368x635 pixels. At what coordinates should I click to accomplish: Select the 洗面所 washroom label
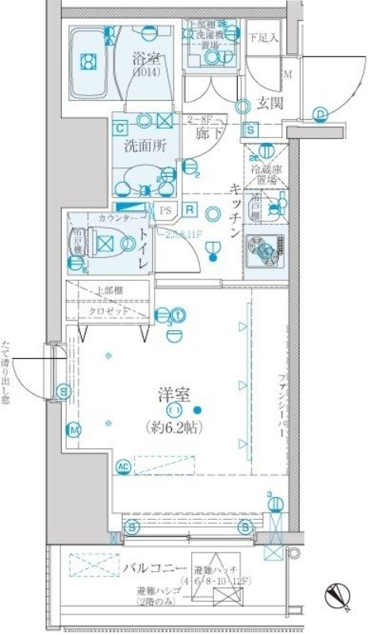(144, 146)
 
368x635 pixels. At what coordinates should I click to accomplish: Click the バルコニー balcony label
(155, 568)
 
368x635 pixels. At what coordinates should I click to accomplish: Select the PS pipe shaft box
(166, 211)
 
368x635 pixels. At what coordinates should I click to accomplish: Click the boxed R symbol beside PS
(191, 210)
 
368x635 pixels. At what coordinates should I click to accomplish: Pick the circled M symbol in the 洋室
(74, 429)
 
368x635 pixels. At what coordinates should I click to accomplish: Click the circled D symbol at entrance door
(320, 114)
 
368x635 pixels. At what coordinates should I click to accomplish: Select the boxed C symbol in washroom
(121, 127)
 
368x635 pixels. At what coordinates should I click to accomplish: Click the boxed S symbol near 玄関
(250, 129)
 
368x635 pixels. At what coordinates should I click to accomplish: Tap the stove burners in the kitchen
(265, 251)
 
